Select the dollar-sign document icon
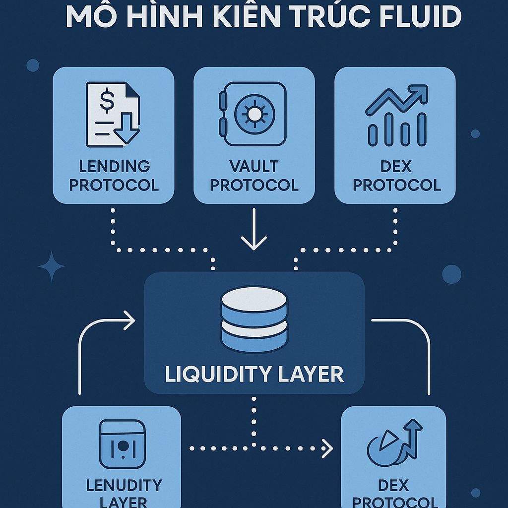pyautogui.click(x=113, y=115)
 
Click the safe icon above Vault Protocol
pyautogui.click(x=253, y=115)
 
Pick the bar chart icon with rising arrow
pyautogui.click(x=396, y=115)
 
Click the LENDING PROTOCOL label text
pyautogui.click(x=114, y=176)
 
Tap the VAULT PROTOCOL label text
pyautogui.click(x=254, y=176)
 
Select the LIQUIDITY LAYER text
pyautogui.click(x=254, y=374)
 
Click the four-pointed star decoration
pyautogui.click(x=52, y=267)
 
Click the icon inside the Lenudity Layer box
pyautogui.click(x=122, y=444)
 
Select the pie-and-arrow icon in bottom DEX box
pyautogui.click(x=394, y=443)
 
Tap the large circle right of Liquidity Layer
pyautogui.click(x=451, y=274)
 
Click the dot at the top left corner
pyautogui.click(x=33, y=65)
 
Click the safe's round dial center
pyautogui.click(x=254, y=115)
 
